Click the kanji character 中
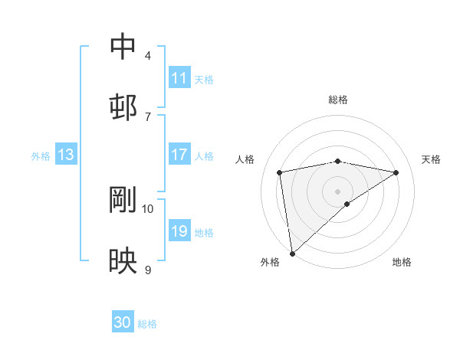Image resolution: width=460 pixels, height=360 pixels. tap(123, 47)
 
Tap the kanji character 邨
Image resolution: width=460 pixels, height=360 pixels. tap(123, 107)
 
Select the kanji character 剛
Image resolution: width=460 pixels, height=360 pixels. tap(123, 201)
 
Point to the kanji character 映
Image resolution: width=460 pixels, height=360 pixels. tap(123, 261)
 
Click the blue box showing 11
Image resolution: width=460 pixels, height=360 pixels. tap(179, 78)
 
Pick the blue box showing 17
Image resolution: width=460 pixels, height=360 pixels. tap(179, 155)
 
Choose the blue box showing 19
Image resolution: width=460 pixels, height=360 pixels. tap(179, 231)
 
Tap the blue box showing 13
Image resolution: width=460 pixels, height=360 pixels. tap(66, 155)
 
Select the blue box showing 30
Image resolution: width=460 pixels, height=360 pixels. tap(123, 323)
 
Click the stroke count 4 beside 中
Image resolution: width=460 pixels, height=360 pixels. tap(147, 56)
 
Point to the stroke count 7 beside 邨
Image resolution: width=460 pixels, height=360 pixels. tap(147, 116)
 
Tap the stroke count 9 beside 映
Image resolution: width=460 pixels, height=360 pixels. tap(147, 270)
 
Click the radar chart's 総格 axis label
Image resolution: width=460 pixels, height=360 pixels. tap(338, 100)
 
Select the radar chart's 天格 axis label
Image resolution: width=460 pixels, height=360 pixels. tap(431, 159)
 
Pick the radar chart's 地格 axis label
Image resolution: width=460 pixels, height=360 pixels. tap(402, 263)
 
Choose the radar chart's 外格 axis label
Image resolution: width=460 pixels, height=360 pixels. tap(270, 263)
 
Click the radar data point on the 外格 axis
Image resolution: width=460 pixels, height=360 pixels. tap(291, 253)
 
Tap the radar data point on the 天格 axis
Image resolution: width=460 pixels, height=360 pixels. tap(396, 172)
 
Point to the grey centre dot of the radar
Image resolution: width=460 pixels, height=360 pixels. tap(338, 191)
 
